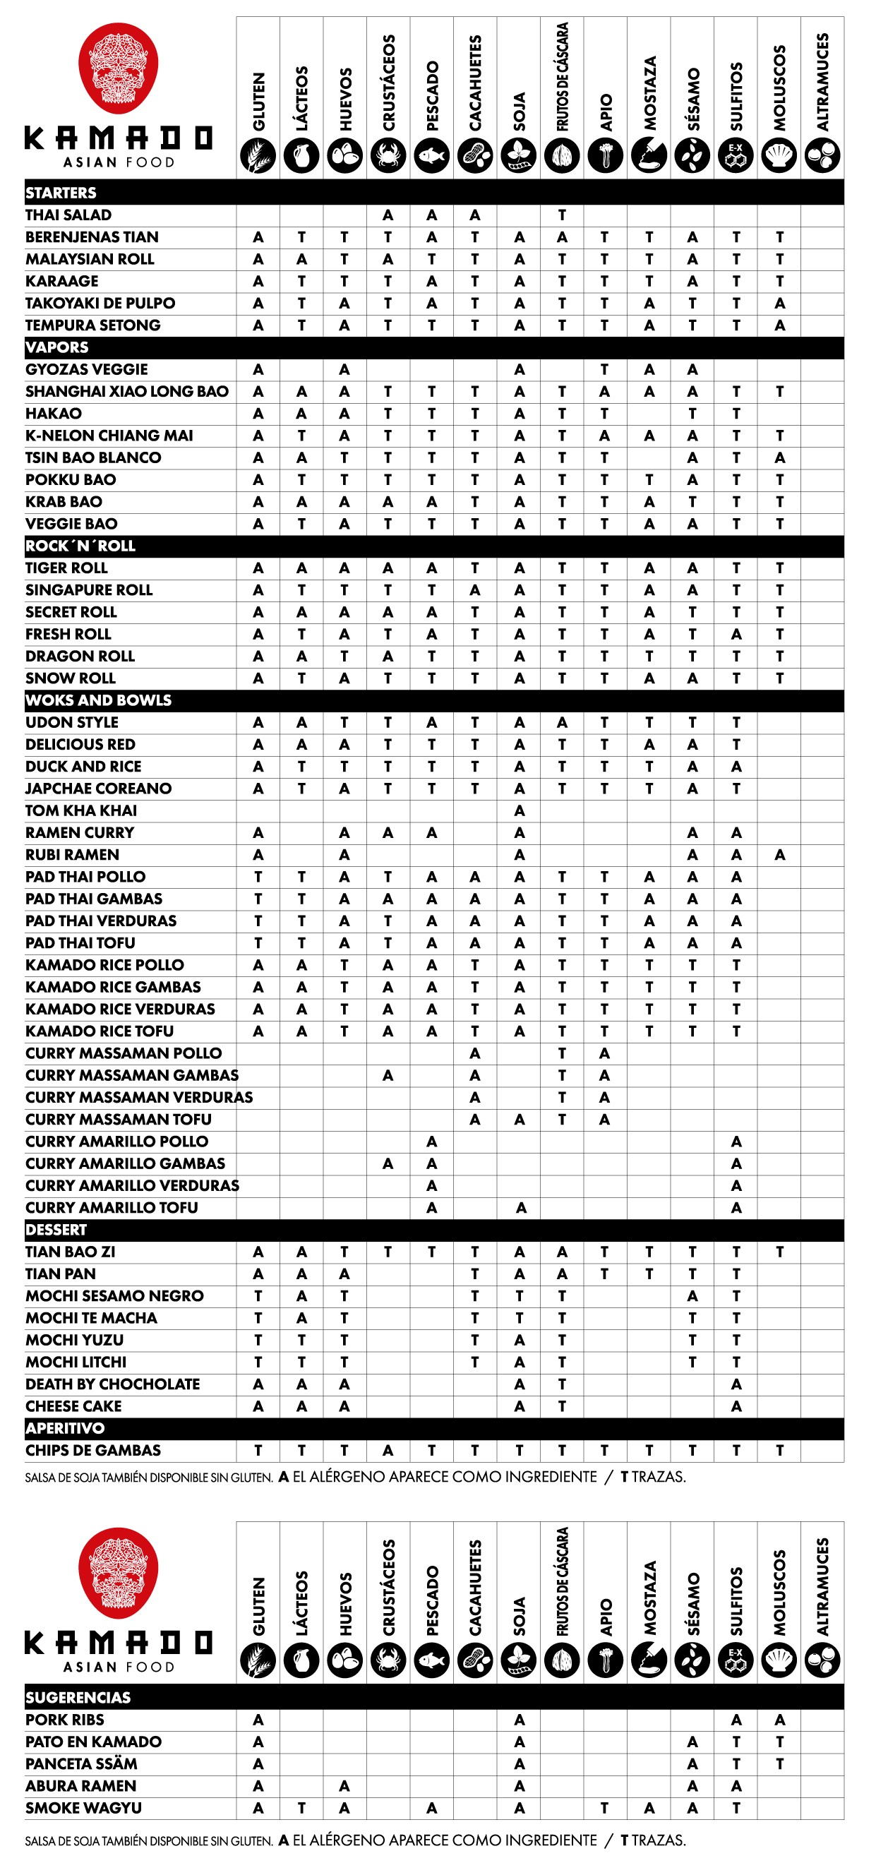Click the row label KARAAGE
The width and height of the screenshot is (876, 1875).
62,282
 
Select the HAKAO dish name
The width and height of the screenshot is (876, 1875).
54,414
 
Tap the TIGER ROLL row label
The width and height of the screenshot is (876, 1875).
66,568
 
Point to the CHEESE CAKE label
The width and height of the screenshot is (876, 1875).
73,1406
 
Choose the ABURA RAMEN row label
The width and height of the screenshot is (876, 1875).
80,1785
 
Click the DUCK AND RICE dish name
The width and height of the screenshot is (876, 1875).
84,767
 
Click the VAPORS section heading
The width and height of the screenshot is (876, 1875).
56,348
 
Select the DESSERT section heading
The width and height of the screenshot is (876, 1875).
56,1230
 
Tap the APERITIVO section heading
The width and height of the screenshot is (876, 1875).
65,1428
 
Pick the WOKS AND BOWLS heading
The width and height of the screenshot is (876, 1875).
98,700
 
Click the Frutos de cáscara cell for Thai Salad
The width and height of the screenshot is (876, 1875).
562,215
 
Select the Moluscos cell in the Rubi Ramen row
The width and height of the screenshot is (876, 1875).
779,855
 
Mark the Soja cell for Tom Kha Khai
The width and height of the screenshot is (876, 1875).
519,811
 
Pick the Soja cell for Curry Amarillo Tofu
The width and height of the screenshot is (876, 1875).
520,1209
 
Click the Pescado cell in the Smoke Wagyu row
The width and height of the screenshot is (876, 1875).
431,1808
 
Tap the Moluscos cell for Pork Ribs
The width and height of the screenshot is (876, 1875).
779,1720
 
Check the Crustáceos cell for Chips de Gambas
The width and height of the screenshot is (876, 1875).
388,1451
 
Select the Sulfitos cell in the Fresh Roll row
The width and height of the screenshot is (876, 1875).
736,635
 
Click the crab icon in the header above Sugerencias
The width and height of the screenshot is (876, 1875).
388,1661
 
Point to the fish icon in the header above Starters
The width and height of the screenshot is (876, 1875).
431,156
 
